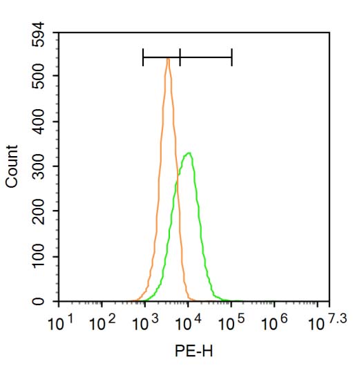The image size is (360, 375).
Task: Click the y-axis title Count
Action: pyautogui.click(x=12, y=167)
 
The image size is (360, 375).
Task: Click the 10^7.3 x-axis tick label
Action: pyautogui.click(x=325, y=322)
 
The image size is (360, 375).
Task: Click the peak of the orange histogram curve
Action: pyautogui.click(x=168, y=59)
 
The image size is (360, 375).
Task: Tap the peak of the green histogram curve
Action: pyautogui.click(x=188, y=153)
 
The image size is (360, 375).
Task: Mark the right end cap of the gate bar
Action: pyautogui.click(x=231, y=57)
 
